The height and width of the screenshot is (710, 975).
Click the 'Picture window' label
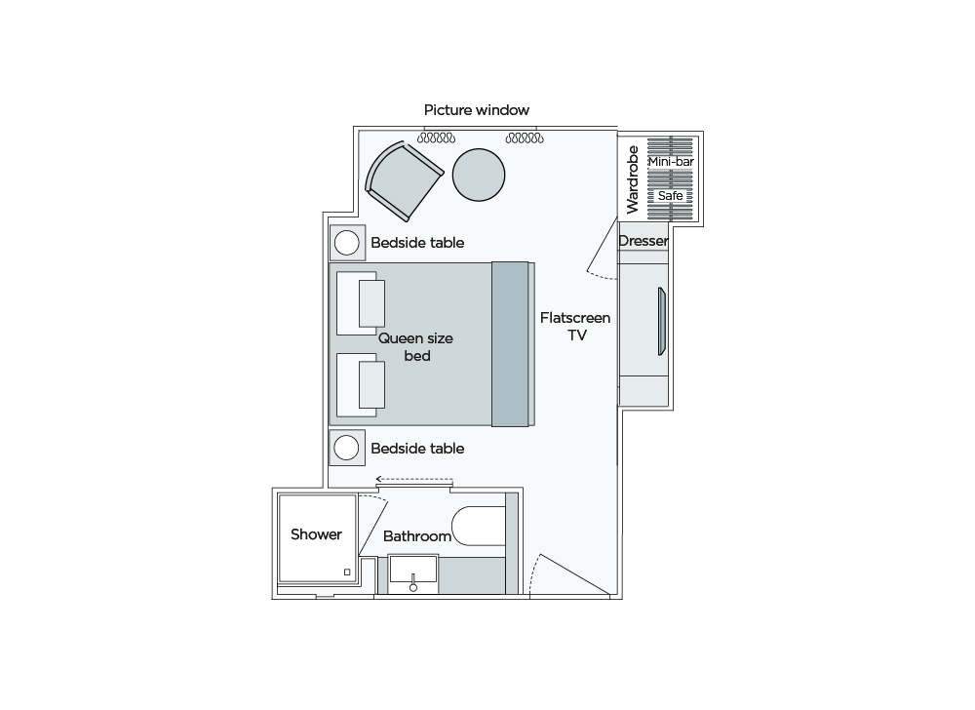coord(477,110)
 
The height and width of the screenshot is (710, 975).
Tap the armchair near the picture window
coord(402,179)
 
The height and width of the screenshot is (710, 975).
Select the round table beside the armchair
coord(479,175)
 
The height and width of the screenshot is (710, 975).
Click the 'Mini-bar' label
coord(670,160)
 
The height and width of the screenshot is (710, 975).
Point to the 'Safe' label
coord(670,196)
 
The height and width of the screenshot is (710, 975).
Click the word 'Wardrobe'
coord(632,179)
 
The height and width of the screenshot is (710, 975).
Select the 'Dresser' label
coord(643,241)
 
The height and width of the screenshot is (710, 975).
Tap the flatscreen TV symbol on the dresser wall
coord(661,322)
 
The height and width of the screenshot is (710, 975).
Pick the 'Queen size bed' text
coord(415,346)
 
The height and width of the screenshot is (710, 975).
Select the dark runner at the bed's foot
coord(510,344)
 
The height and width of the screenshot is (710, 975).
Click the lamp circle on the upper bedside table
coord(346,242)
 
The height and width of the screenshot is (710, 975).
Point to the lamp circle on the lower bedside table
coord(346,448)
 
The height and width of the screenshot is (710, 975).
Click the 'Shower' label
coord(316,534)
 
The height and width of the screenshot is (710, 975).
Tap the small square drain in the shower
coord(346,572)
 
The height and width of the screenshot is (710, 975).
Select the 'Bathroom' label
coord(416,536)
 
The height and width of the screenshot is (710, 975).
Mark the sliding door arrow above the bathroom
coord(414,480)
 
